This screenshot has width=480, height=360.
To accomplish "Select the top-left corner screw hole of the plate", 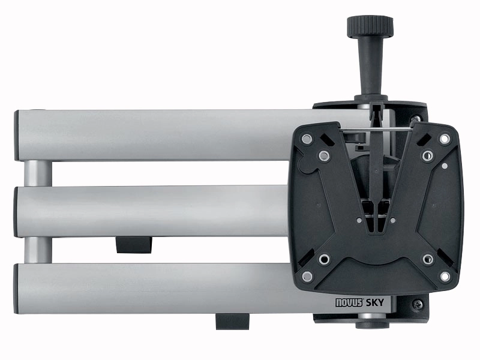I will click(x=307, y=139).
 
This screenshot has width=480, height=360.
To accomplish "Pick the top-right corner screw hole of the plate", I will click(x=445, y=139).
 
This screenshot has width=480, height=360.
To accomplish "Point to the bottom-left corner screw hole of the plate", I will click(x=307, y=277).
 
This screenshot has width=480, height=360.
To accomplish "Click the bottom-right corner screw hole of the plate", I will click(x=445, y=277).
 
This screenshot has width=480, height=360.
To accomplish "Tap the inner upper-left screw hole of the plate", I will click(x=324, y=157).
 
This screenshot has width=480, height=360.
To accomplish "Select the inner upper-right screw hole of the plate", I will click(x=427, y=157).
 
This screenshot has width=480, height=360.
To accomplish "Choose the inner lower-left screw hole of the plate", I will click(x=324, y=259).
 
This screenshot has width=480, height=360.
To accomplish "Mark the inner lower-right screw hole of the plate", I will click(x=427, y=259).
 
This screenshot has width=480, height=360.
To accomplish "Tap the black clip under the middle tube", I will click(x=133, y=244).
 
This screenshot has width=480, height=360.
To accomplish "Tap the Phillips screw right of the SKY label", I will click(x=418, y=305).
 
